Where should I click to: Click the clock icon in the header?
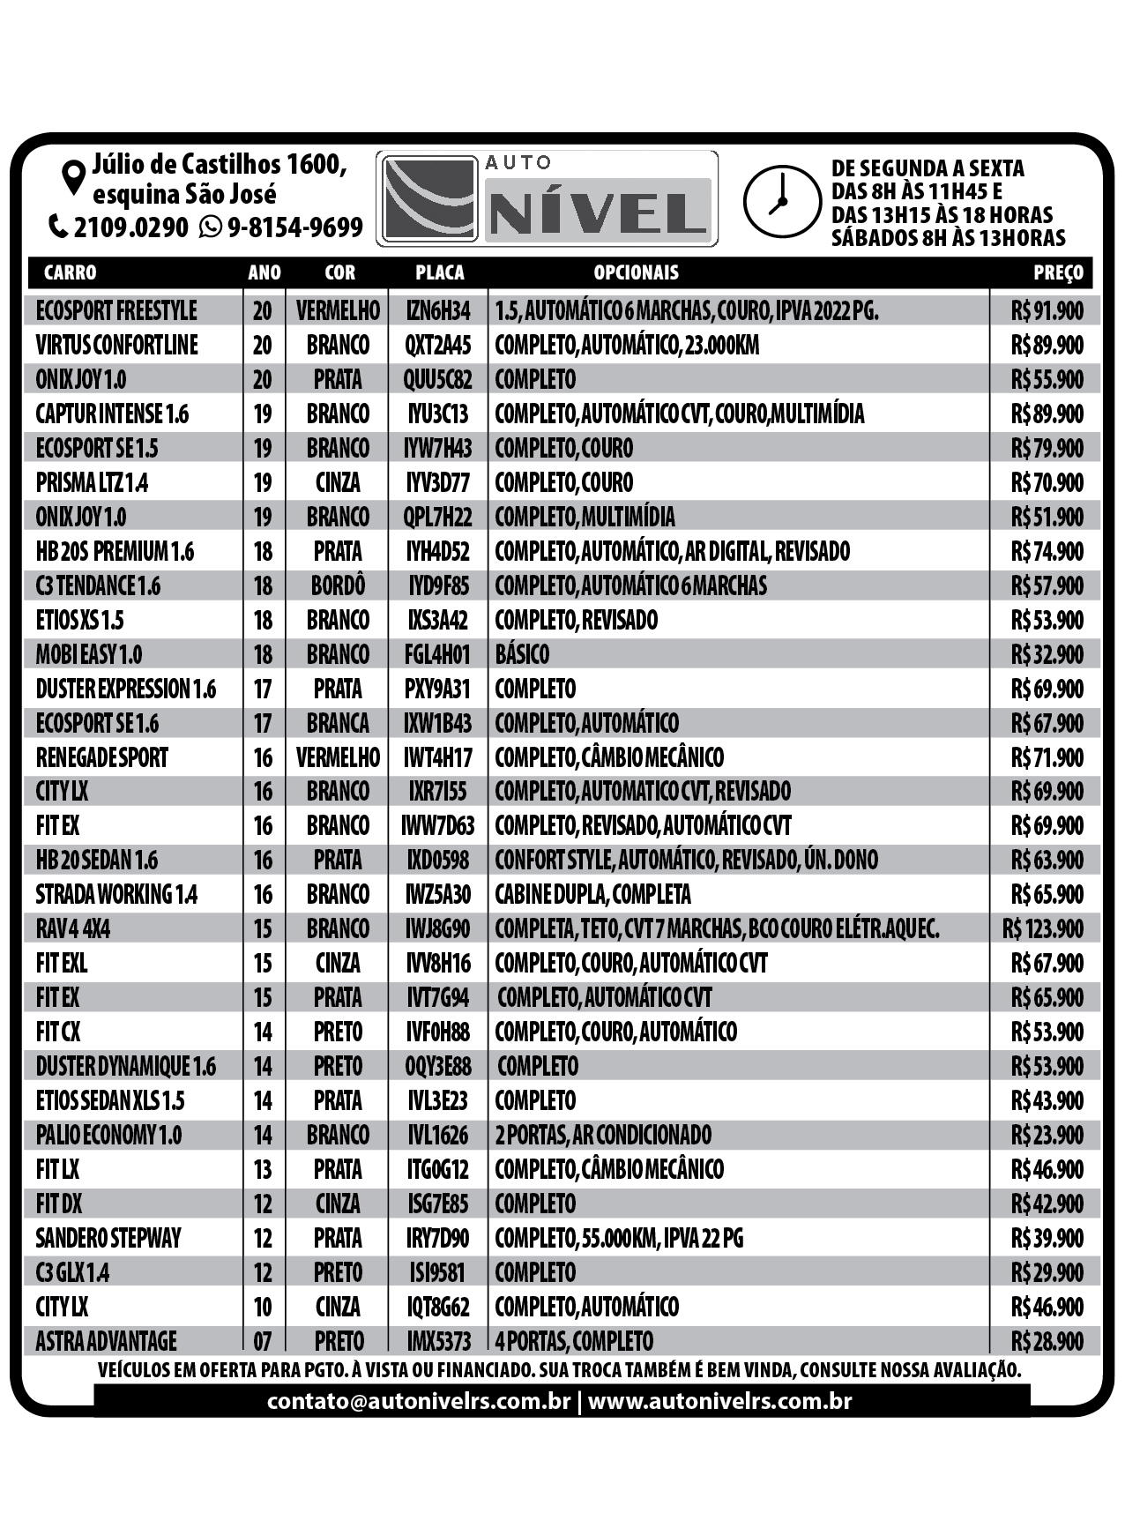[x=782, y=202]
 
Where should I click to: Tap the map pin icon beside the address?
[x=73, y=177]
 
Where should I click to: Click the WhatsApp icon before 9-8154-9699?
[x=211, y=227]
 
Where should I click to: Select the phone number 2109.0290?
[x=130, y=227]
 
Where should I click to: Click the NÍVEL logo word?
[x=599, y=212]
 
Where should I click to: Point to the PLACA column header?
[x=439, y=272]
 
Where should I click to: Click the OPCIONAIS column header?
[x=636, y=272]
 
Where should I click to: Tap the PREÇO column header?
[x=1058, y=272]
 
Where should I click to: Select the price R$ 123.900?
[x=1042, y=929]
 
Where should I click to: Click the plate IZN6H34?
[x=438, y=311]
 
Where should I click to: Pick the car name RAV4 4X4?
[x=73, y=929]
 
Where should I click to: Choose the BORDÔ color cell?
[x=338, y=586]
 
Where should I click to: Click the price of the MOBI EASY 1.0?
[x=1047, y=655]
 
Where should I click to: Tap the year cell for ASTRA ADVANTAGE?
[x=263, y=1342]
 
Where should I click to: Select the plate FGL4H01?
[x=438, y=655]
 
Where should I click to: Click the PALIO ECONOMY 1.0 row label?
[x=108, y=1136]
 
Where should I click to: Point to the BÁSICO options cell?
[x=522, y=655]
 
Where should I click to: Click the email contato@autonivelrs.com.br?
[x=419, y=1401]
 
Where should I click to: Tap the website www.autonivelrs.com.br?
[x=719, y=1401]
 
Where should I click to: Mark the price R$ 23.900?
[x=1047, y=1136]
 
